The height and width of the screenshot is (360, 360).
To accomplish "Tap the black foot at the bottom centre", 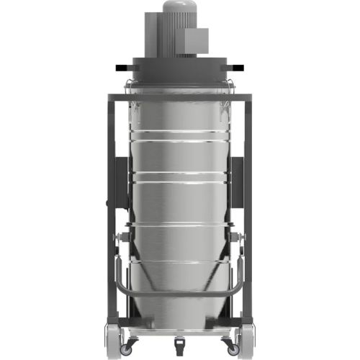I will coord(179,338).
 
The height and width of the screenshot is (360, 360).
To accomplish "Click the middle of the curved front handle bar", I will coord(179,296).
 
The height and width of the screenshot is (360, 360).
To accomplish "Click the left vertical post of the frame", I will coord(107,216).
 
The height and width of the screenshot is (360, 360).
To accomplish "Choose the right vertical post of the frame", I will coord(253,216).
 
